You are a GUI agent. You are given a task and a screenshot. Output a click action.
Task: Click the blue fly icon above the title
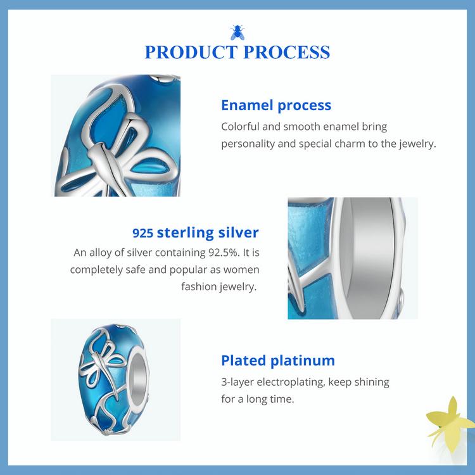237,31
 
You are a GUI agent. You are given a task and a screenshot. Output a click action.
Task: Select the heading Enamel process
276,105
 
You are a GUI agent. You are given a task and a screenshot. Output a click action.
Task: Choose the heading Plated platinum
277,361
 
